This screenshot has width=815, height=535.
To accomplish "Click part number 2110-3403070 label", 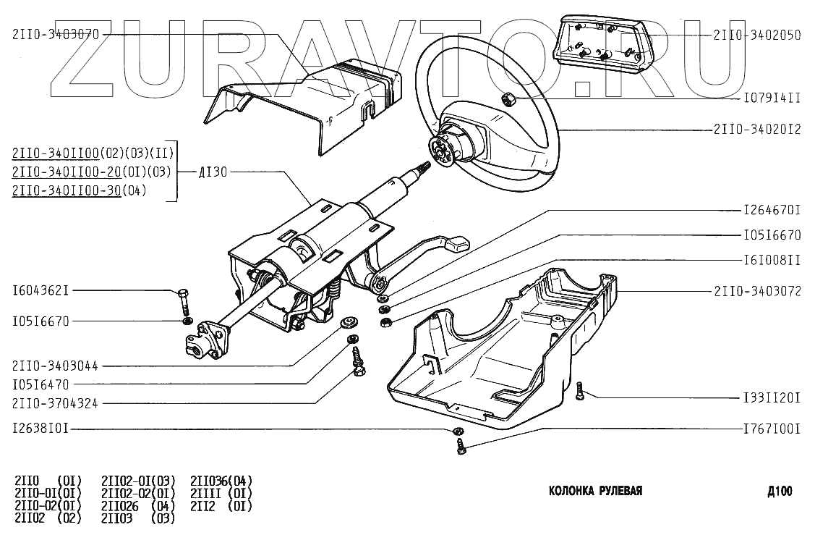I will coord(56,34).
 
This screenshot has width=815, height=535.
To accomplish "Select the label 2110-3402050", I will coord(757,34).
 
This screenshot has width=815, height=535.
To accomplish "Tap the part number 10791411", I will coord(772,96).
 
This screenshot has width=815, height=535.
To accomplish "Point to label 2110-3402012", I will coord(757,130).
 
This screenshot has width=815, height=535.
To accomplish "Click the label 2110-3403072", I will coord(757,292).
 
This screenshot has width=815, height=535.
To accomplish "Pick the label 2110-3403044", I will coord(56,366).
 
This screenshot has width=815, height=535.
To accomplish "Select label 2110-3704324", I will coord(56,403).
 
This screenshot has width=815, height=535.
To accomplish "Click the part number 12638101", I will coord(40,429).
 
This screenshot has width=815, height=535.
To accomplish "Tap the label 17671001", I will coord(772,429).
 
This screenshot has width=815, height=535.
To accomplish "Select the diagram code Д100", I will coord(780,492).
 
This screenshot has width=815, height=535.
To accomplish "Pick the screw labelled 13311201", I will coord(580,392).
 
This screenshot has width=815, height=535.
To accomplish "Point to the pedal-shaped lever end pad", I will coord(457,245).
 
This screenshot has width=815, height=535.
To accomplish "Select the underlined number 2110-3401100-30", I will coord(66,190).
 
